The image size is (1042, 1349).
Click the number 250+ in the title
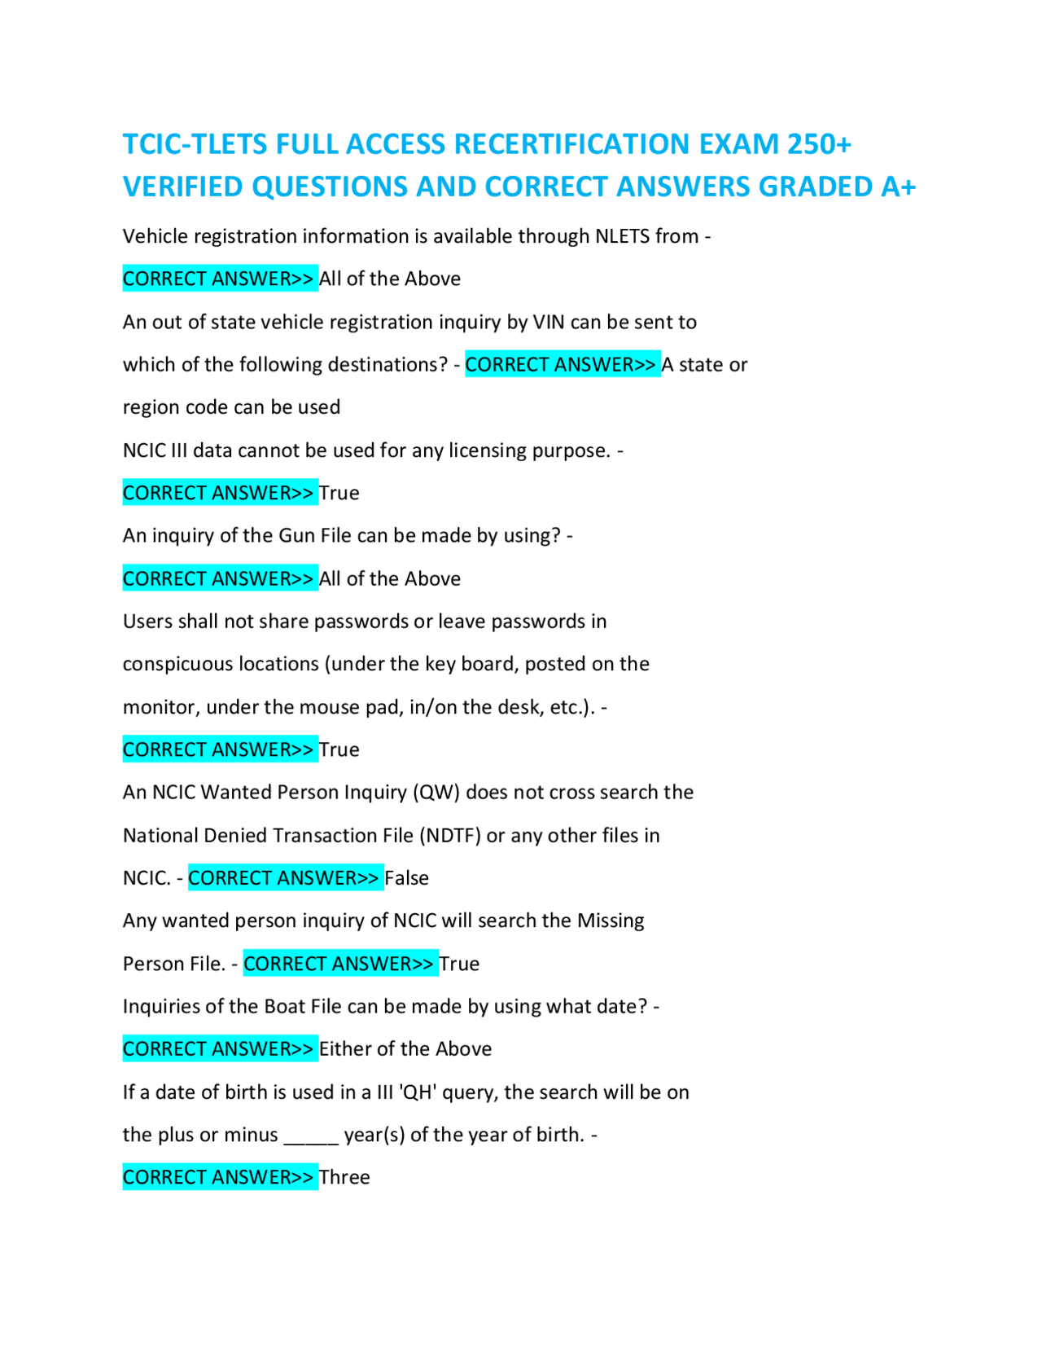coord(818,144)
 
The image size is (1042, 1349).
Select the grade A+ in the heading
coord(898,187)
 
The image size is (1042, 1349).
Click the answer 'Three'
coord(344,1177)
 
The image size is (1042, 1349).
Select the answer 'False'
coord(406,878)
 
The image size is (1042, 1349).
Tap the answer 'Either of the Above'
coord(405,1048)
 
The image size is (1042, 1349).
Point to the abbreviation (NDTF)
coord(450,836)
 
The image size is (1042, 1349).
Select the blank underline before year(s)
coord(310,1136)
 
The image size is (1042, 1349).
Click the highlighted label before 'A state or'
coord(562,365)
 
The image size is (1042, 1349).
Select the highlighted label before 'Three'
coord(219,1177)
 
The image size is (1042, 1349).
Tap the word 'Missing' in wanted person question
coord(611,921)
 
